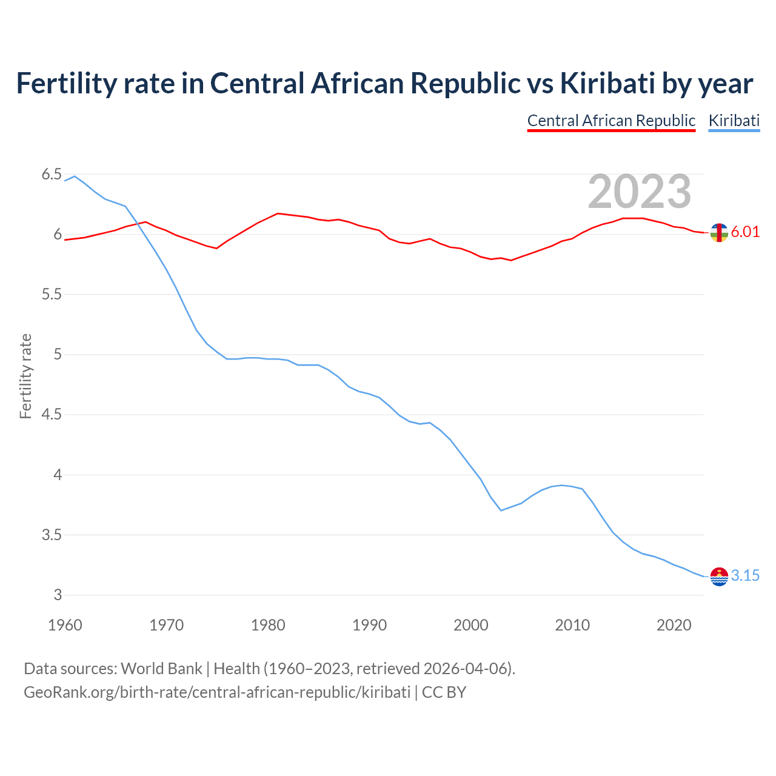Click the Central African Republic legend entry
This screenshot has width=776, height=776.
tap(611, 121)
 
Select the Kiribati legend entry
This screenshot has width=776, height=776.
tap(734, 121)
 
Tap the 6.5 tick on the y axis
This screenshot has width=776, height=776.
tap(52, 175)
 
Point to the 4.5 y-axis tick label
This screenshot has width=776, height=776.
tap(52, 415)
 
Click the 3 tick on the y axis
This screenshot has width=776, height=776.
tap(58, 595)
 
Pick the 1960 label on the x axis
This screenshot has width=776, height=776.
tap(65, 625)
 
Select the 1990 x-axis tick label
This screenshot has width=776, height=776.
tap(369, 625)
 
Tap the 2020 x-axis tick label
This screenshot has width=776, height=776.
tap(674, 625)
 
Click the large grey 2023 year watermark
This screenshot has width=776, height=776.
tap(640, 192)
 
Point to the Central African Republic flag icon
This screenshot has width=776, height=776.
tap(719, 232)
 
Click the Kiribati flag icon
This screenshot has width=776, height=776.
tap(719, 577)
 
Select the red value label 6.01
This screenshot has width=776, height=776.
tap(745, 232)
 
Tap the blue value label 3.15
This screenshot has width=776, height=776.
tap(745, 576)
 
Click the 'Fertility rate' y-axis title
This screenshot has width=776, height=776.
tap(25, 376)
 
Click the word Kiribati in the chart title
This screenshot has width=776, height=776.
tap(607, 83)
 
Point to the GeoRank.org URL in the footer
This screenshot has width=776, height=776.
tap(217, 692)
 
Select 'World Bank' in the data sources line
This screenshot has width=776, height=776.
tap(161, 669)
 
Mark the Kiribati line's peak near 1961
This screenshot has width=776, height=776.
tap(75, 176)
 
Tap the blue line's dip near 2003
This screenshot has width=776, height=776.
tap(501, 510)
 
